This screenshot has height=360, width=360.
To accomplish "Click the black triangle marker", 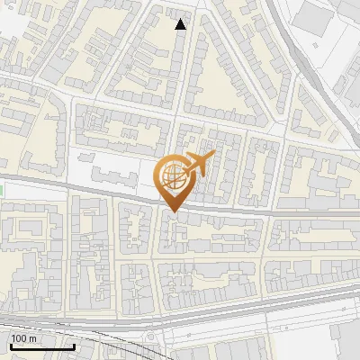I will tap(181, 23).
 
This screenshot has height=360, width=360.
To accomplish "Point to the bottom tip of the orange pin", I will tap(172, 211).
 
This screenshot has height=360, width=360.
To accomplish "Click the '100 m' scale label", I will tap(24, 338).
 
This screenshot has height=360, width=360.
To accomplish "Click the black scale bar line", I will tap(42, 346).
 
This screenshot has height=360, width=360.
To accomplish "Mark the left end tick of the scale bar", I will tap(11, 345).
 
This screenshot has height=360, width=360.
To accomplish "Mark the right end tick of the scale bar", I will tap(74, 345).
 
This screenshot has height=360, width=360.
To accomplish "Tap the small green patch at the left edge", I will tap(2, 190).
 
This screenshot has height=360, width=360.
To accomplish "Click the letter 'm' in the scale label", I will tap(33, 338).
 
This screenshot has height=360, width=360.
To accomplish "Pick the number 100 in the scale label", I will tap(20, 338).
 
